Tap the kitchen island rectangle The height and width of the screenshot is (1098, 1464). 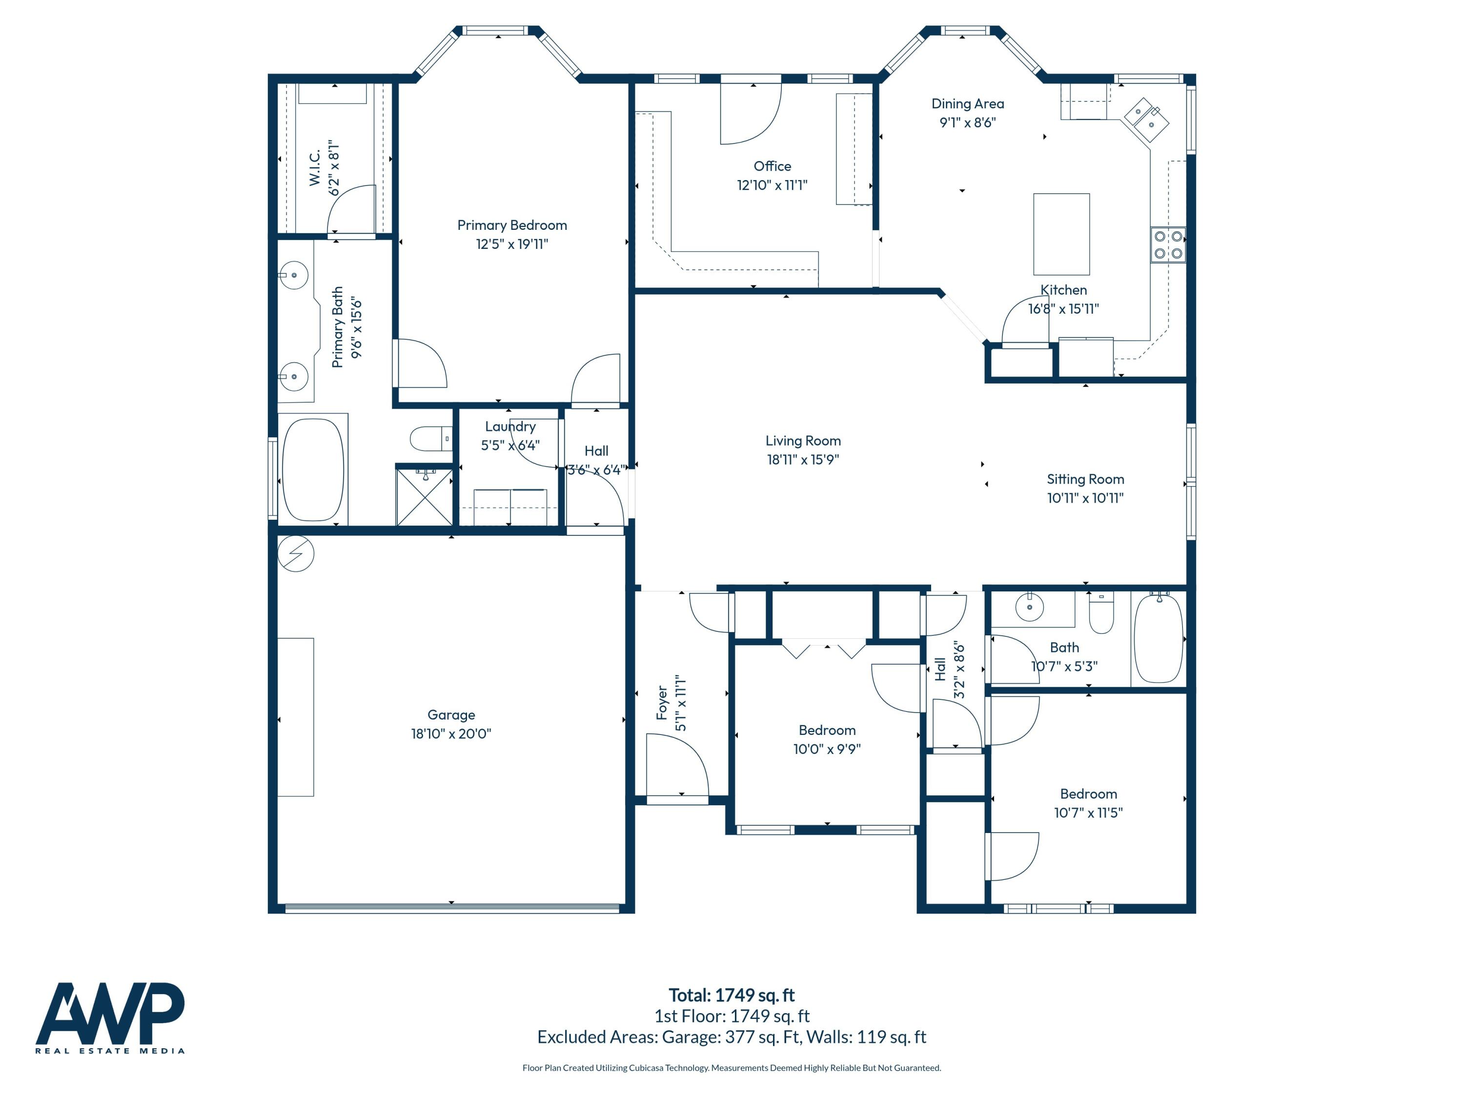[1061, 234]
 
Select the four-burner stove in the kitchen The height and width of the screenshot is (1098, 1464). [1167, 244]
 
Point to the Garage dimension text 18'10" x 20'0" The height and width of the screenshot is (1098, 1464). [451, 733]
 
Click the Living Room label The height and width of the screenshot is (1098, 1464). [803, 441]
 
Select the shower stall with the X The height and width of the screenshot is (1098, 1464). [424, 496]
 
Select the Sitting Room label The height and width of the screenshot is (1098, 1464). [1085, 479]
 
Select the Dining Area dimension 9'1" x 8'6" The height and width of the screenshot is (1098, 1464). [967, 122]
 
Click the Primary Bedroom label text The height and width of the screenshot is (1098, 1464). [511, 225]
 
